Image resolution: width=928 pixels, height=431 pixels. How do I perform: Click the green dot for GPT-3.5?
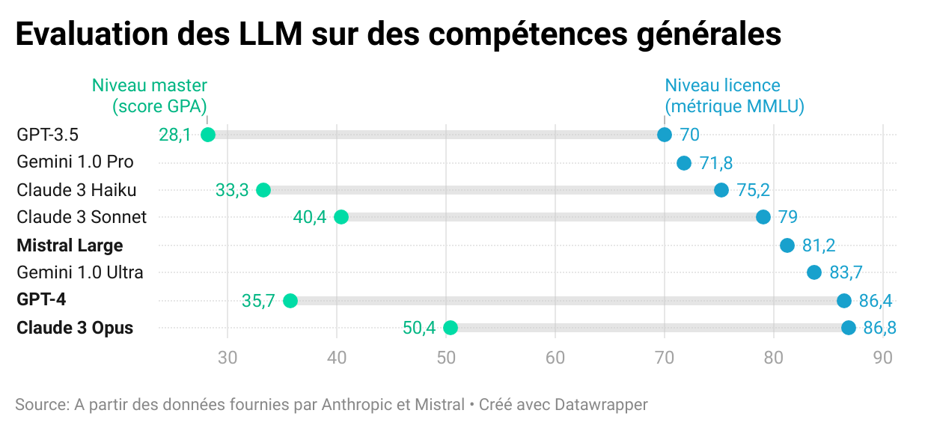[x=208, y=135]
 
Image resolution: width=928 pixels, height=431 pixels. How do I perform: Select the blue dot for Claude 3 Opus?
[x=848, y=328]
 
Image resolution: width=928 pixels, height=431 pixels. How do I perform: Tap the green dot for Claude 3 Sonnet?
[x=341, y=217]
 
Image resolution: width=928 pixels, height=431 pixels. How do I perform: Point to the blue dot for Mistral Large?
[x=787, y=245]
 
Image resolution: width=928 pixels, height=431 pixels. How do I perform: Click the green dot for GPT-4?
[x=290, y=301]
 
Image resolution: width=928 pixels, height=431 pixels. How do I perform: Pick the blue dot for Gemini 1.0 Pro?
[x=684, y=163]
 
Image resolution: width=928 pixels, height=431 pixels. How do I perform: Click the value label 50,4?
[x=419, y=328]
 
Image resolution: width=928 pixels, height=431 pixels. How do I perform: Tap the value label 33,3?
[x=232, y=190]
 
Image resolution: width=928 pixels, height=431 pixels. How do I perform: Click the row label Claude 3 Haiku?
[x=76, y=190]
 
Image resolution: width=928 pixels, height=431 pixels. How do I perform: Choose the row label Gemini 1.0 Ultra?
[x=80, y=272]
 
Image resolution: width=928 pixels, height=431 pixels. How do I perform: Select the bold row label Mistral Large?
[x=70, y=245]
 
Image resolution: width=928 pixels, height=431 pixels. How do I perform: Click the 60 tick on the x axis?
[x=555, y=358]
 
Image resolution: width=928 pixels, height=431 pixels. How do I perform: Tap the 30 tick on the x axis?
[x=228, y=358]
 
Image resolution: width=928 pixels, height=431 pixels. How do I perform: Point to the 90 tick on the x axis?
[x=883, y=358]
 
